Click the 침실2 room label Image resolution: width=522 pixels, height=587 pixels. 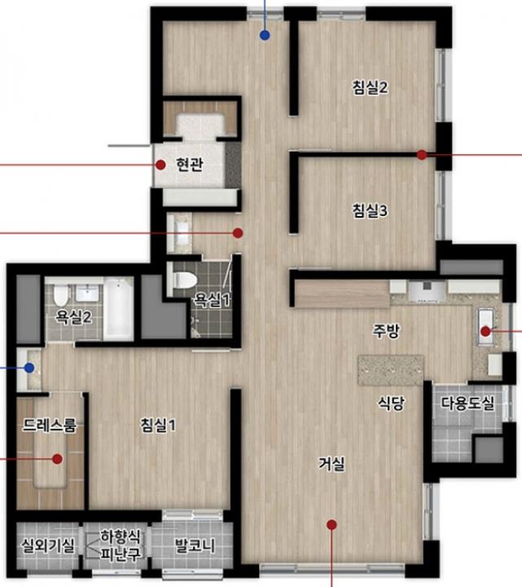coord(370,87)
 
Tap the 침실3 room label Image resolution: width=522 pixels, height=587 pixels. coord(370,210)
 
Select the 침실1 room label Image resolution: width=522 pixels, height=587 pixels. coord(157,426)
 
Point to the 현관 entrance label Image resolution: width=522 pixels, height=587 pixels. coord(190,165)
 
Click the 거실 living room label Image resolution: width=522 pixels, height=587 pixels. coord(331,464)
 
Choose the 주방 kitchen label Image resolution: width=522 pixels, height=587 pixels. coord(386,330)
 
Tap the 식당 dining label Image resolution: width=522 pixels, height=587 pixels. coord(391,404)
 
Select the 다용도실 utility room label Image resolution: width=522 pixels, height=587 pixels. coord(467,404)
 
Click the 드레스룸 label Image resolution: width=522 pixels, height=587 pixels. coord(50,426)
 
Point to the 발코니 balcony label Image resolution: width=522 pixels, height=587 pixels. coord(195,545)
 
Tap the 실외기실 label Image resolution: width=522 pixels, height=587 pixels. coord(47,545)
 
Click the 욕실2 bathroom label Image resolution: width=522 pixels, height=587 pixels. coord(73,317)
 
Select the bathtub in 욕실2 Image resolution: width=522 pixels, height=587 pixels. coord(118,309)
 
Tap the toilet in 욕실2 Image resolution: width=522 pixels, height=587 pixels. coord(60,294)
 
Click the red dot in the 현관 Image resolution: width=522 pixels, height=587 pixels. coord(160,165)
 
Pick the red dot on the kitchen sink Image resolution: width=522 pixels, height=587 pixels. coord(485,331)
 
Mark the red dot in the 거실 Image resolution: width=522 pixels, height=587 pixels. coord(331,525)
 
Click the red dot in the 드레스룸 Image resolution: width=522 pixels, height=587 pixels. coord(57,458)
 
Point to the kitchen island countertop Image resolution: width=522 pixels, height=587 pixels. coord(391,370)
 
